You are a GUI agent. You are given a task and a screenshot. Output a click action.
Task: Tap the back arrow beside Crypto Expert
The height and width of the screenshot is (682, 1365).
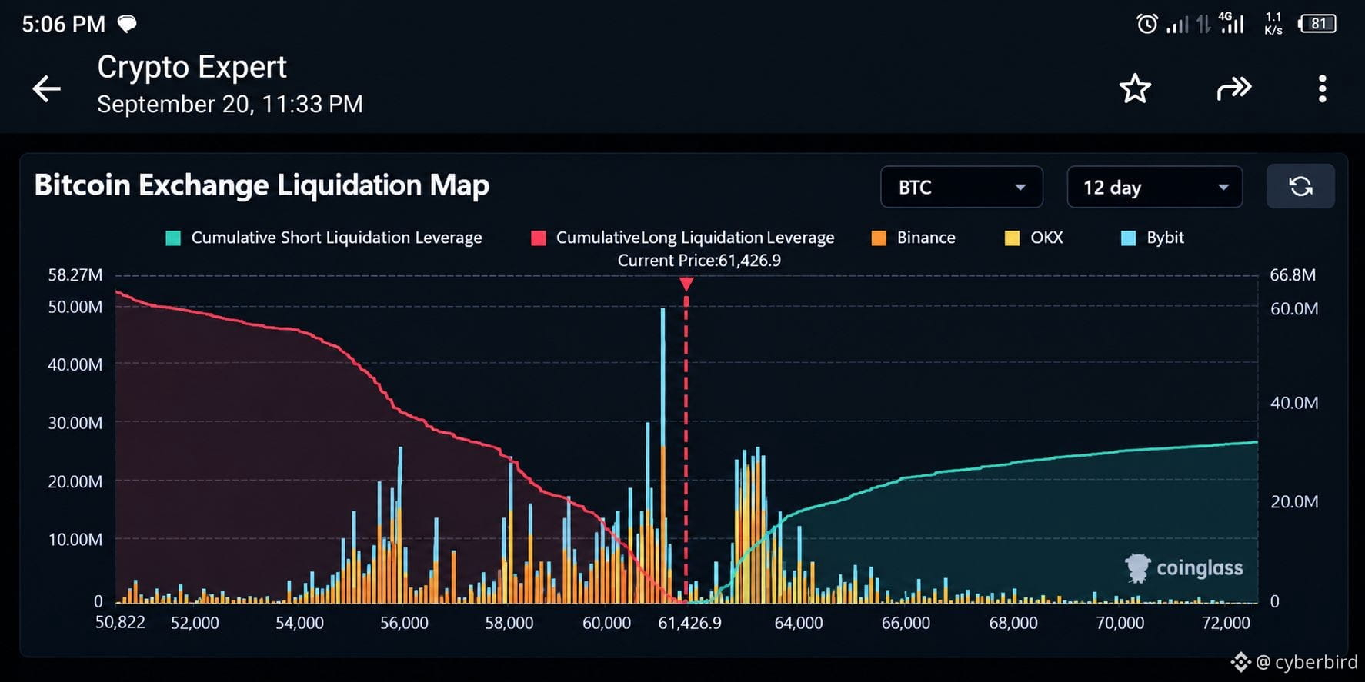coord(46,88)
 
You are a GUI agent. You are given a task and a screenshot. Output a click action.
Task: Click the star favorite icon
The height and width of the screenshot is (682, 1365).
coord(1135,88)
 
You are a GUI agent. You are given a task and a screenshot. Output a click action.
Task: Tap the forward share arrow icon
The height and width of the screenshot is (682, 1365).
coord(1234,88)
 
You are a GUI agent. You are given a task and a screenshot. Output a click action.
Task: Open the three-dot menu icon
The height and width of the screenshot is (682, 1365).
coord(1322,88)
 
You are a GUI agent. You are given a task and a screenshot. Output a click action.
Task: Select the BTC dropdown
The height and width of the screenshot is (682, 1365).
coord(961,187)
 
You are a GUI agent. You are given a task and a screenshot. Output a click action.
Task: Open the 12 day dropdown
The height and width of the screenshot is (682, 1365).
coord(1154,187)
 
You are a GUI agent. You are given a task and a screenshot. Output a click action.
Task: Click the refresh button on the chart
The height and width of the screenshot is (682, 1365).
coord(1300,186)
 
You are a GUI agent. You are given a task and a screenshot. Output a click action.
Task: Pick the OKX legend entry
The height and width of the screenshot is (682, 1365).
coord(1034,238)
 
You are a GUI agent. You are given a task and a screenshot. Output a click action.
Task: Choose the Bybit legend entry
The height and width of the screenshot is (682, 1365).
coord(1153,238)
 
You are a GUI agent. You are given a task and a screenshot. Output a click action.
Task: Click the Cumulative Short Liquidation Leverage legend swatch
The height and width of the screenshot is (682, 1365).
coord(173,238)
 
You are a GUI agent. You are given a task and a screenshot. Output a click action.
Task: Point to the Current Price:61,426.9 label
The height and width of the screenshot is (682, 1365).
coord(699,261)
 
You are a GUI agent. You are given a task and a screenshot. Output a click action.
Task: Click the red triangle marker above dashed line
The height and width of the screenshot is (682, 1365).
coord(686,284)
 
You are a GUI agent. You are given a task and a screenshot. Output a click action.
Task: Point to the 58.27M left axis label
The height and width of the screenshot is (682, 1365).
coord(75,275)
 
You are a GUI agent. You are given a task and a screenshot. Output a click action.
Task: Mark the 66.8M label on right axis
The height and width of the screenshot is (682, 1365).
coord(1293,275)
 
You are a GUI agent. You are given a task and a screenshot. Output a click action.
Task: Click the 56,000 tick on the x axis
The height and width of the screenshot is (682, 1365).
coord(404,623)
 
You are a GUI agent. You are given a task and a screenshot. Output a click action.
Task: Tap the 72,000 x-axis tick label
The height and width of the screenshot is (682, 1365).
coord(1226,623)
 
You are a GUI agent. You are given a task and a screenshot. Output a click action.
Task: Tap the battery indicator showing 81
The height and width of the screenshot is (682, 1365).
coord(1317,24)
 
